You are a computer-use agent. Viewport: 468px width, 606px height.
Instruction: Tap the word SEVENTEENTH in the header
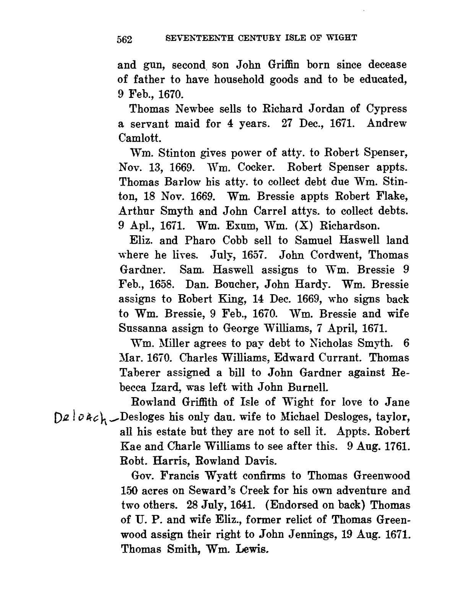tap(198, 38)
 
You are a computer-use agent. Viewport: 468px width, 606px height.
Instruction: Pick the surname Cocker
tap(258, 167)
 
